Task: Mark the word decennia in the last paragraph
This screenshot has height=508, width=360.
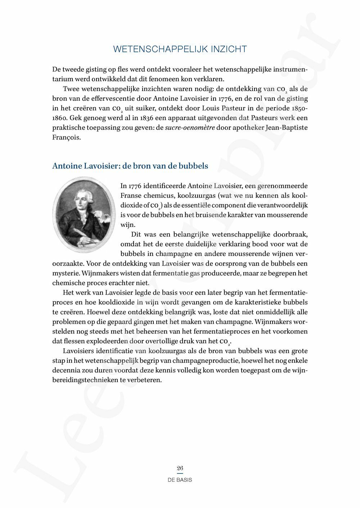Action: coord(66,370)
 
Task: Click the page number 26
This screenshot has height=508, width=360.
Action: coord(180,468)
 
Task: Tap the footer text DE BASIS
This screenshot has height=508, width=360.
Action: coord(180,480)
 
